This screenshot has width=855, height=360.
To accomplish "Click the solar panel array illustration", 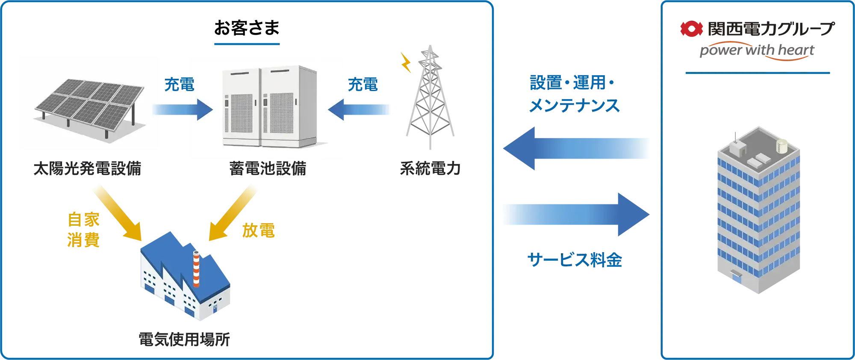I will click(89, 105).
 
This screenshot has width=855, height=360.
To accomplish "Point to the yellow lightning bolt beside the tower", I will click(406, 63).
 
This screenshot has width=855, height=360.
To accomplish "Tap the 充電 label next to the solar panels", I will click(180, 84).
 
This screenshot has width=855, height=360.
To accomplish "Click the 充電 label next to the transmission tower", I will click(363, 84).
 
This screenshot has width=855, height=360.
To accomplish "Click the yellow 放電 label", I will click(259, 231).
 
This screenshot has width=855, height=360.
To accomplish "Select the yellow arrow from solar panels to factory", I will click(118, 212).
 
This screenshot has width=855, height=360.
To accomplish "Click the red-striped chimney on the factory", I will click(196, 269).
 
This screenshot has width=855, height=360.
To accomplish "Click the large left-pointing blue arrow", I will click(577, 149).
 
